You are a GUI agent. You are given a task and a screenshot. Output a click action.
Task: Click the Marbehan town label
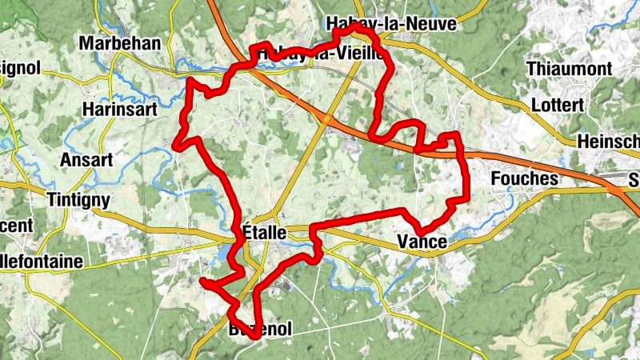point(120,43)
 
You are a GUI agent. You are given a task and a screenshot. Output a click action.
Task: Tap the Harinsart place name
point(120,109)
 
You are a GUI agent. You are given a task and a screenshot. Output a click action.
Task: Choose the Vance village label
point(421,242)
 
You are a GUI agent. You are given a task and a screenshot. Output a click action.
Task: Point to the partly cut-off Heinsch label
point(608,141)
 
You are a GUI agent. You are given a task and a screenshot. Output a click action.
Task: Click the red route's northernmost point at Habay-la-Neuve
point(355,26)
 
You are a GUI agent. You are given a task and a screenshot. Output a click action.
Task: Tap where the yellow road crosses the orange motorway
point(327,120)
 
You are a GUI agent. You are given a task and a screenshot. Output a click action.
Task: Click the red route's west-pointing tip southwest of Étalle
point(202,282)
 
